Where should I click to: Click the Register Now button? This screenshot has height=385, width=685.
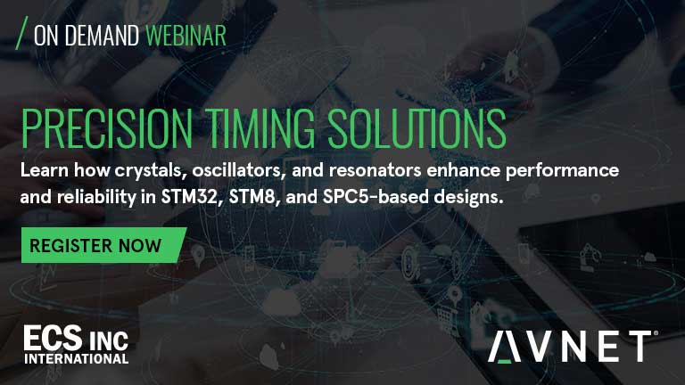103,245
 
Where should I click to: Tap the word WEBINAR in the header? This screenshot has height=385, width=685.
186,36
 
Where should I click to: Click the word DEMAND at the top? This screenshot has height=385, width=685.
102,36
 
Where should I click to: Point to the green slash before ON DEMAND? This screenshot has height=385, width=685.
21,33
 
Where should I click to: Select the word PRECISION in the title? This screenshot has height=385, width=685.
107,128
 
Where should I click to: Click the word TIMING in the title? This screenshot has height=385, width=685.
260,128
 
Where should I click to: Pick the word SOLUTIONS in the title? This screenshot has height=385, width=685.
417,128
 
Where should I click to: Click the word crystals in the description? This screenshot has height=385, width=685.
151,171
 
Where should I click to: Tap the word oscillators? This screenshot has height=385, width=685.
239,170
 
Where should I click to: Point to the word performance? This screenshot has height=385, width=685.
562,171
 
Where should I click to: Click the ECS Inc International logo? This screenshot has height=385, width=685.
76,344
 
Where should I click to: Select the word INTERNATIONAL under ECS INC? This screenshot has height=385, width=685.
77,359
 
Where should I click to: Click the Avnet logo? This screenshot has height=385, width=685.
573,346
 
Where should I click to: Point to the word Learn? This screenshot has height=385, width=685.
44,170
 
